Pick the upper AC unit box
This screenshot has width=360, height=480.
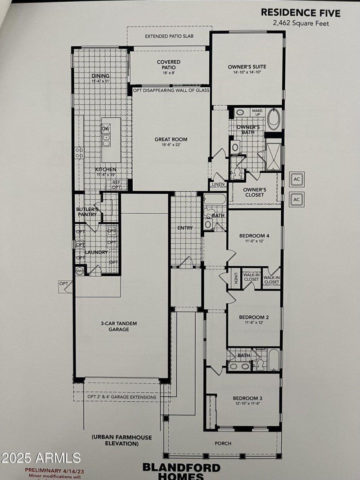(x=297, y=179)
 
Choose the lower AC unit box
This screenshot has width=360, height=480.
(x=297, y=199)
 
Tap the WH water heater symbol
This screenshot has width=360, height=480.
(x=79, y=271)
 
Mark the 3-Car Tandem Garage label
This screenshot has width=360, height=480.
(x=119, y=326)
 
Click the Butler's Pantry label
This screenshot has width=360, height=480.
(x=87, y=212)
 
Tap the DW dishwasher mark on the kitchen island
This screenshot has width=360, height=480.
(x=106, y=129)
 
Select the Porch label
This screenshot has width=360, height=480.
(x=223, y=443)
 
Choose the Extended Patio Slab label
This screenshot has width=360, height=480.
(x=169, y=36)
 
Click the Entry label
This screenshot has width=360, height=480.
(x=185, y=228)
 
